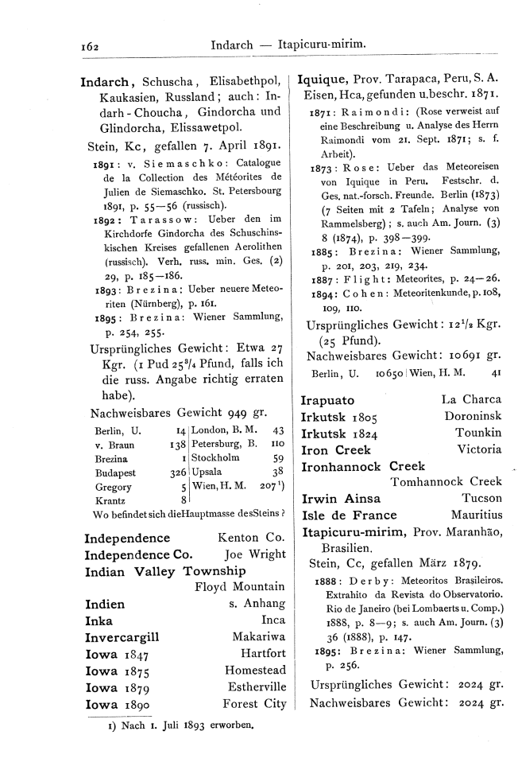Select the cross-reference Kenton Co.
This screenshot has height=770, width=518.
click(x=250, y=538)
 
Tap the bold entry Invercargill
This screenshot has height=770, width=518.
click(x=122, y=636)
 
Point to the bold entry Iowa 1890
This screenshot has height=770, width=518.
click(x=117, y=703)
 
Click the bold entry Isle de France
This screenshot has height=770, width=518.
click(x=349, y=515)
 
